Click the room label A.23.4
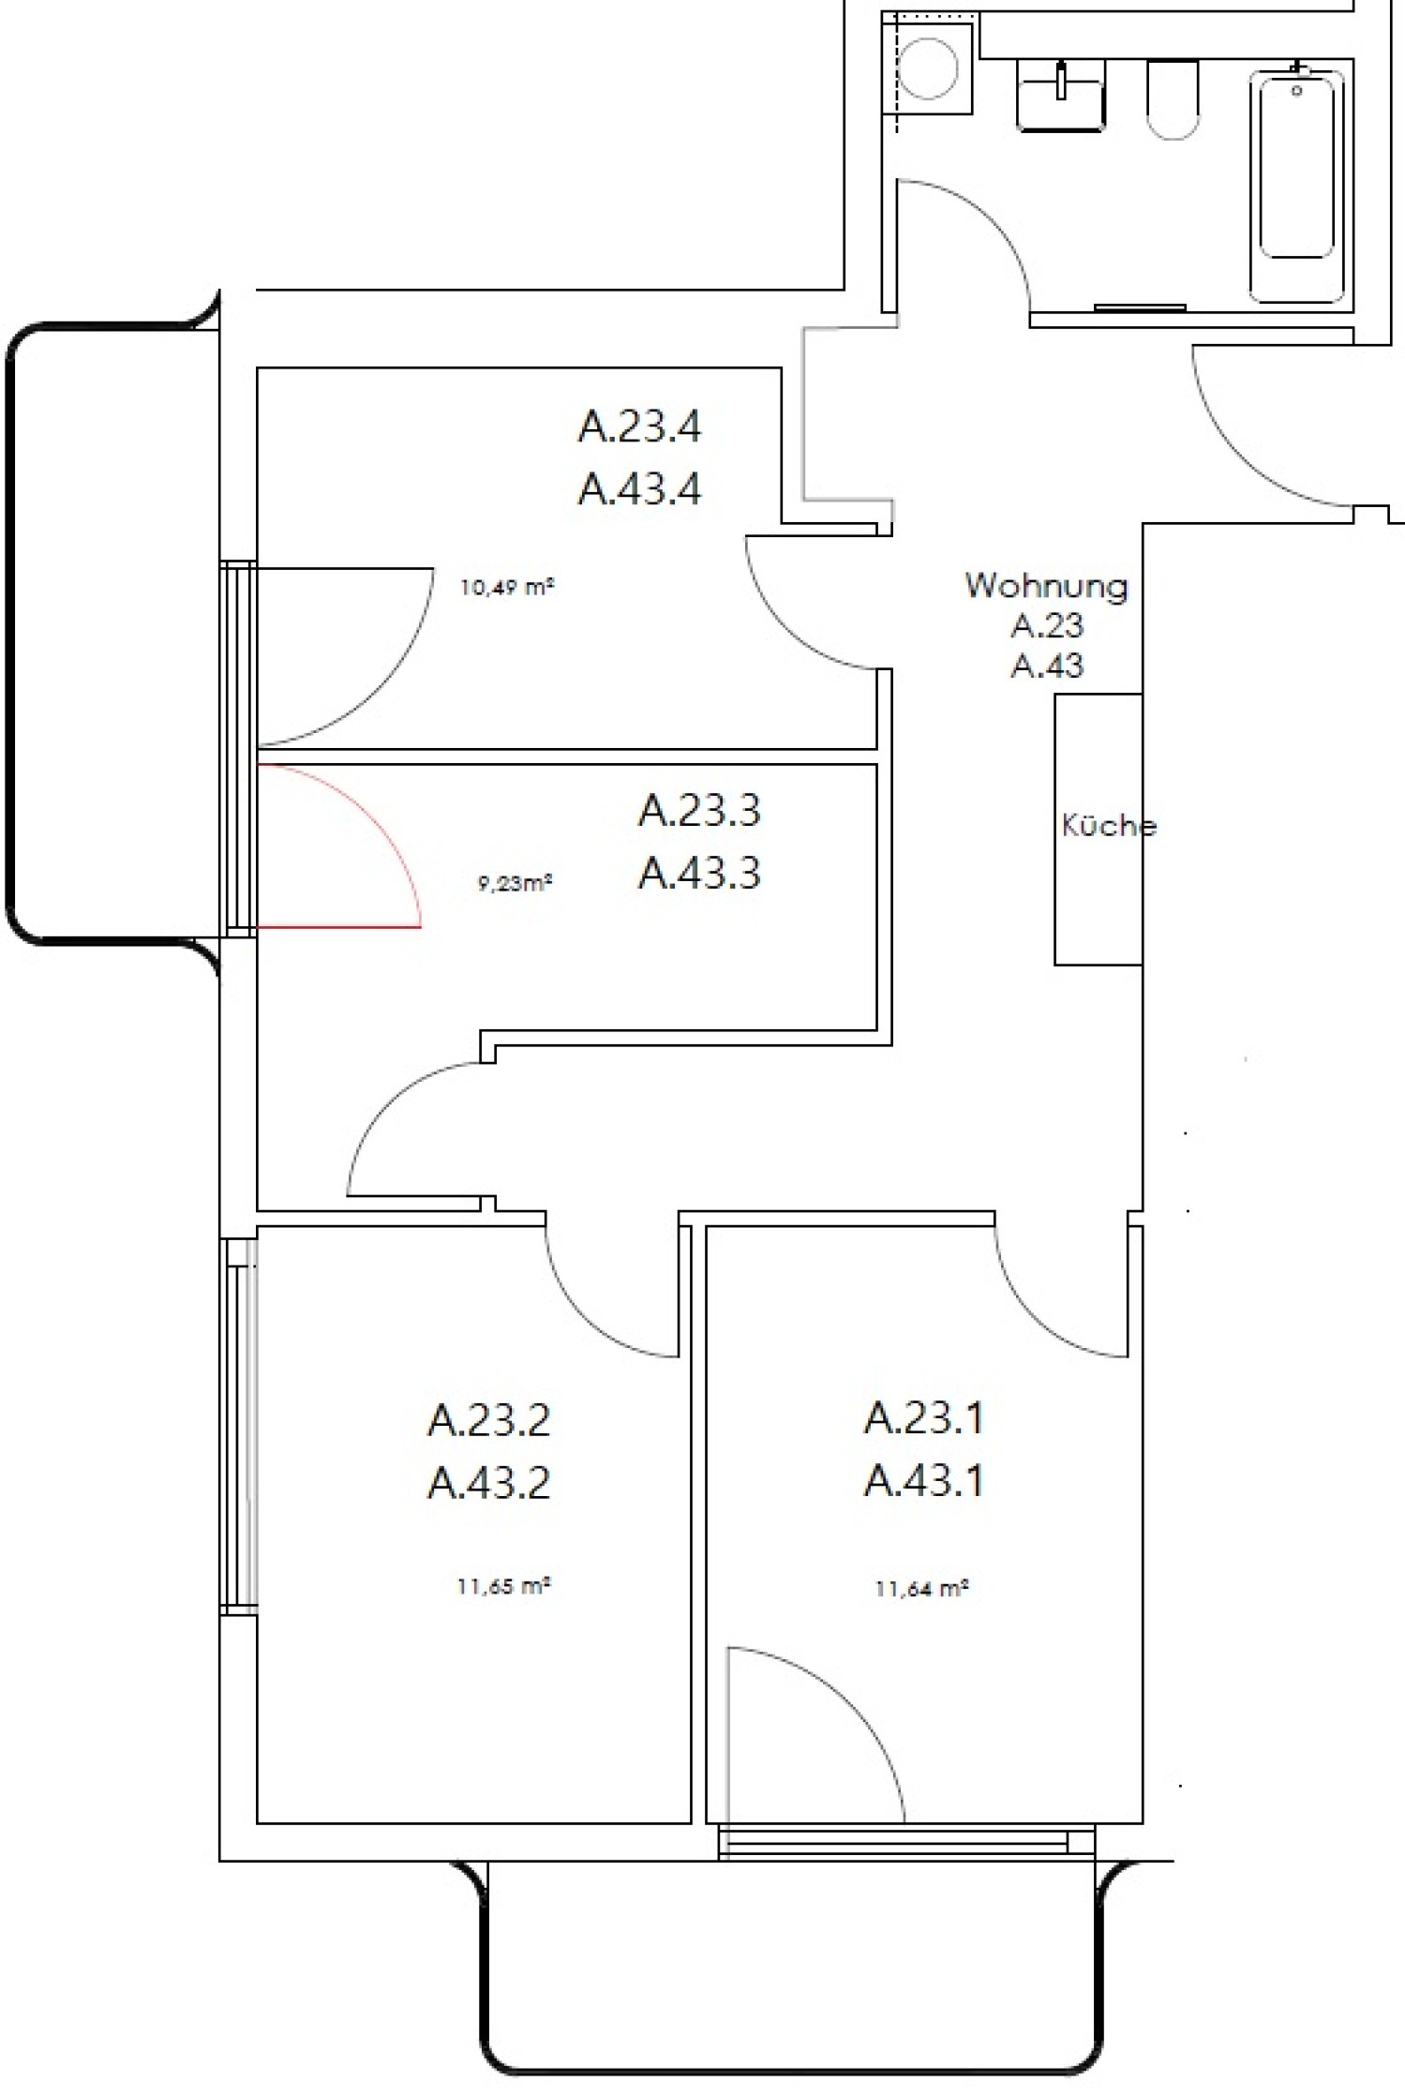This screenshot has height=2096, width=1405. click(639, 427)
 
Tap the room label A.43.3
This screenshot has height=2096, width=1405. click(699, 873)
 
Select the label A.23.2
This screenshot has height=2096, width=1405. click(488, 1420)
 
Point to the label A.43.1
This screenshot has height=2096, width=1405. click(923, 1481)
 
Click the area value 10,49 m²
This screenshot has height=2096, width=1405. click(506, 589)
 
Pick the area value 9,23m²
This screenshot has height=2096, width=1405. click(515, 883)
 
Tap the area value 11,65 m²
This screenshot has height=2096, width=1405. click(503, 1587)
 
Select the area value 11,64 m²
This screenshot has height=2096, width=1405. click(921, 1589)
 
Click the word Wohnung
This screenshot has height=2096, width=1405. click(1046, 586)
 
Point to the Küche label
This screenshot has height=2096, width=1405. click(1109, 826)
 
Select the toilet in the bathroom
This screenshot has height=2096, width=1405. click(1173, 99)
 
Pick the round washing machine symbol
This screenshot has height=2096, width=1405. click(928, 68)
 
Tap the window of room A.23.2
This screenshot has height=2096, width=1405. click(239, 1425)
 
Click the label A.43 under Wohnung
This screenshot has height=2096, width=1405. click(1047, 666)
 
